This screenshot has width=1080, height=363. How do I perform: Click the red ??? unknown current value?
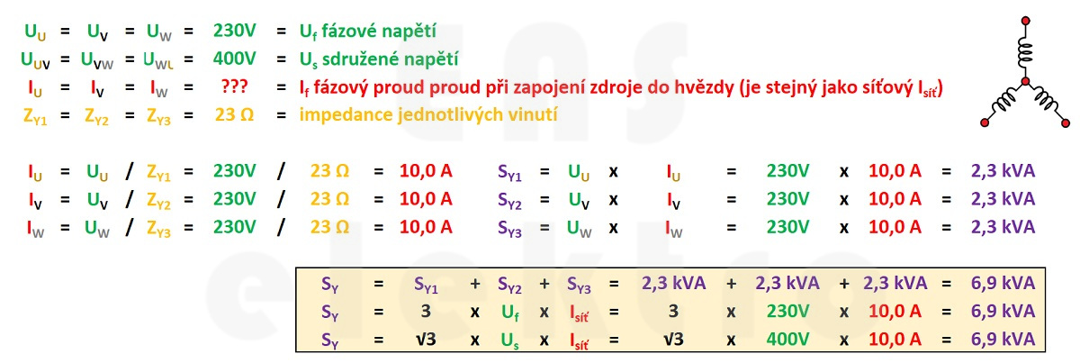click(234, 86)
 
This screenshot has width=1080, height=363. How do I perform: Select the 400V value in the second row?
click(234, 59)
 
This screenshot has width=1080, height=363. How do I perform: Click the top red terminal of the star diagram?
click(1025, 21)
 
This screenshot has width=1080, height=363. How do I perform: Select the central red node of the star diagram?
click(1025, 81)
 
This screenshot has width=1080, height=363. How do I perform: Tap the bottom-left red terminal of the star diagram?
click(985, 123)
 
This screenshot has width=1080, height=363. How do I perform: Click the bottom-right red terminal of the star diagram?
click(1066, 123)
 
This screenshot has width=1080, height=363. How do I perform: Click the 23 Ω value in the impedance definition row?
click(234, 115)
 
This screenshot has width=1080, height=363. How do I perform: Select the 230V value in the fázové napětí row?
click(234, 31)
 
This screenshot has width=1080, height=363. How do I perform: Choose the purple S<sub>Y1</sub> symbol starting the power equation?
click(509, 172)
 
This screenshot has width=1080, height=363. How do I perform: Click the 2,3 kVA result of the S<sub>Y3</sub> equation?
click(1003, 227)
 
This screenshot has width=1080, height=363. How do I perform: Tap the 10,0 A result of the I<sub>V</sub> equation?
click(426, 199)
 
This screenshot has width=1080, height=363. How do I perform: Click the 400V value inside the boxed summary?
click(787, 339)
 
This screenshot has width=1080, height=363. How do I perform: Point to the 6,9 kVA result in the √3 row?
click(1003, 339)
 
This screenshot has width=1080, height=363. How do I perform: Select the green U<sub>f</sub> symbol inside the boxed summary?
click(510, 313)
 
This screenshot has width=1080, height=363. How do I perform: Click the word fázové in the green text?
click(346, 31)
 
